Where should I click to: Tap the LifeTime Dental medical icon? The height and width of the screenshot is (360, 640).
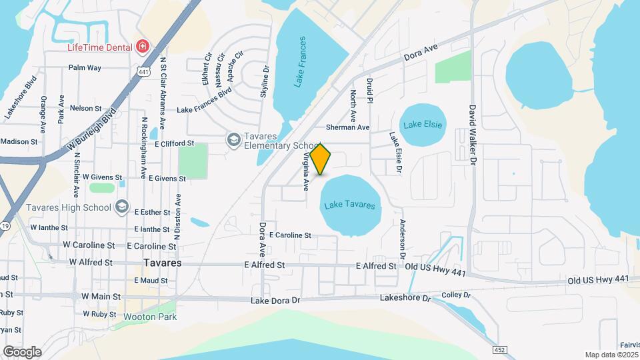[x=141, y=46]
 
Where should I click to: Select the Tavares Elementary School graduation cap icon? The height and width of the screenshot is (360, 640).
[x=233, y=139]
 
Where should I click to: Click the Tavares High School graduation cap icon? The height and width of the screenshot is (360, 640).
[x=121, y=207]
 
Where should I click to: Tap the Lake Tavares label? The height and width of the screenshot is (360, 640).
[x=349, y=205]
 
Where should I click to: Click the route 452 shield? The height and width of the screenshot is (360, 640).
[x=499, y=349]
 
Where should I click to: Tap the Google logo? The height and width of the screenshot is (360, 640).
[x=22, y=351]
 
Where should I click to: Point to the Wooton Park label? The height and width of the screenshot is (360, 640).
[x=150, y=317]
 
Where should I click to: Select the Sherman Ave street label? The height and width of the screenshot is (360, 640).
[x=347, y=127]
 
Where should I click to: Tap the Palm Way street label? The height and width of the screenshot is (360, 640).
[x=85, y=68]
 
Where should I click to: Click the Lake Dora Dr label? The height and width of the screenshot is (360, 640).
[x=276, y=301]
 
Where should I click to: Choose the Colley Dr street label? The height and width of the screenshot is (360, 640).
[x=456, y=295]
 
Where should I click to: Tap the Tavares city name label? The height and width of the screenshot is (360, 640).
[x=163, y=263]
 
